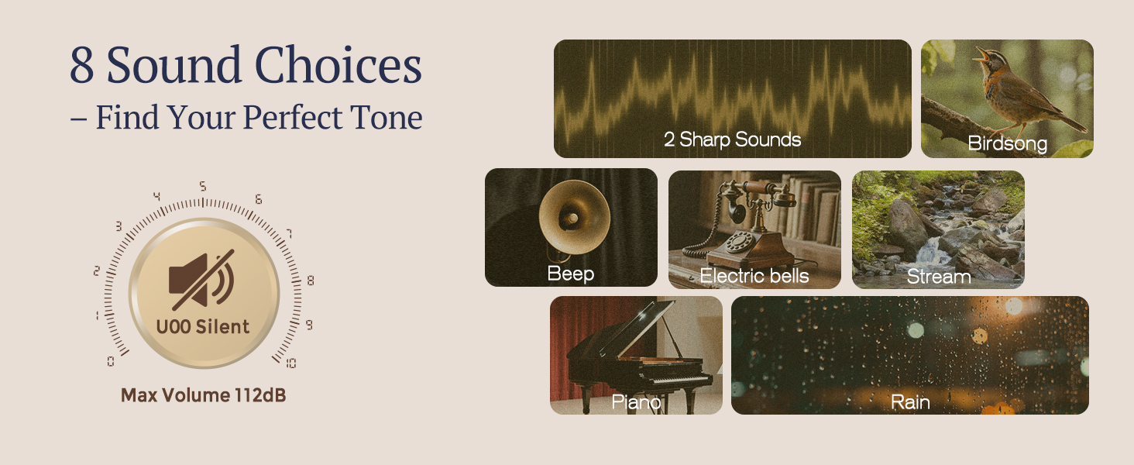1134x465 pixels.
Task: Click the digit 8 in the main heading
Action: (x=82, y=67)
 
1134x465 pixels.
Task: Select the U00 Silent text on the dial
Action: (x=203, y=327)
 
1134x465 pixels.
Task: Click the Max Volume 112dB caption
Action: (x=203, y=395)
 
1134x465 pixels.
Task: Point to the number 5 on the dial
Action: (x=203, y=187)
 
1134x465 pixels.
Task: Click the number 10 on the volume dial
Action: (x=290, y=363)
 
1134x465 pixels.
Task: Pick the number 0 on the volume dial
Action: (x=111, y=361)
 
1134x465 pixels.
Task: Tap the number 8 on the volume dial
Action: (x=311, y=281)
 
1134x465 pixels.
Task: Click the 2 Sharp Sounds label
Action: (x=732, y=140)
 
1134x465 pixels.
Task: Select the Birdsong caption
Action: (x=1007, y=143)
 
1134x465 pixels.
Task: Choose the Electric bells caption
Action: (x=754, y=277)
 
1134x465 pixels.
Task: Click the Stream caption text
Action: (x=938, y=277)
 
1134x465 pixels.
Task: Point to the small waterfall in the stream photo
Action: (x=929, y=250)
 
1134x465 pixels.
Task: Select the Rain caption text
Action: (x=910, y=402)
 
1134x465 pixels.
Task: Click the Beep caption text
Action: (x=570, y=274)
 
